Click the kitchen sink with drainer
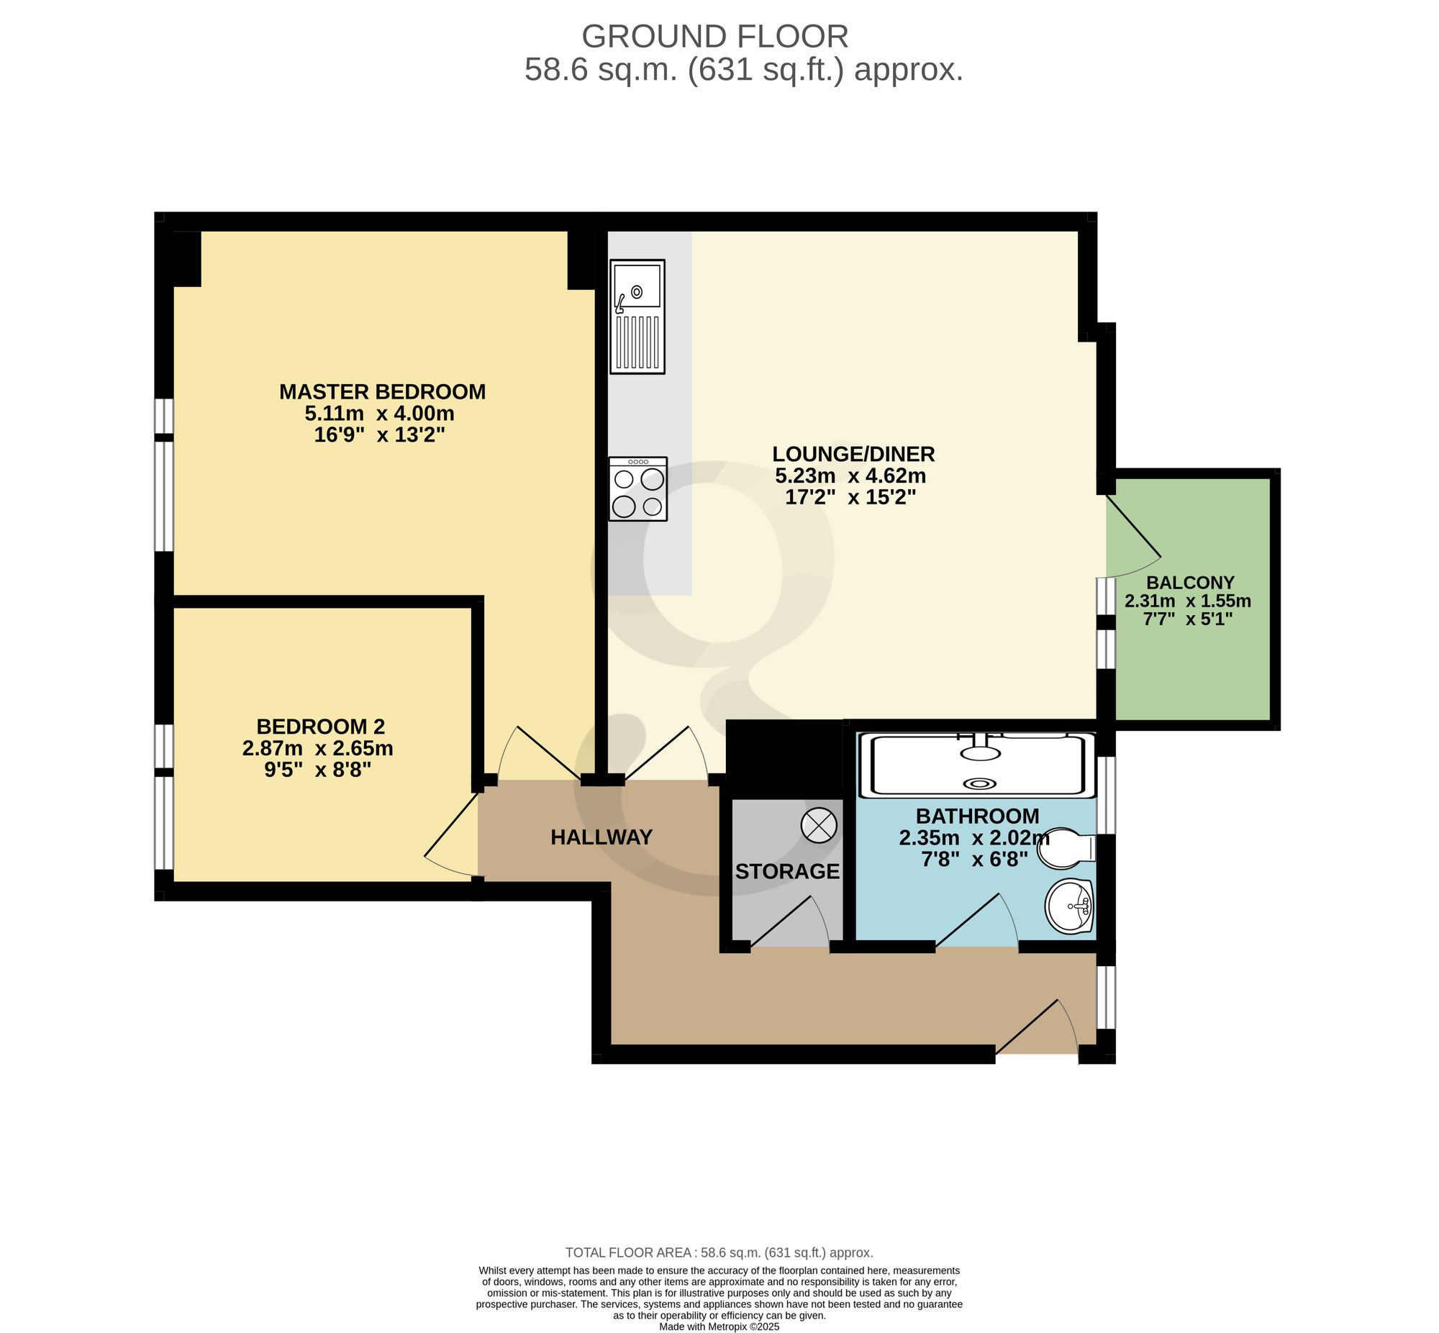coord(637,317)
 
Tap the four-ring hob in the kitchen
coord(637,488)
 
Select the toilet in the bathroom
coord(1066,847)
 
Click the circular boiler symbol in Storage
coord(819,824)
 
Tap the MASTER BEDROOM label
coord(382,391)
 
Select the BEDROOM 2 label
coord(320,726)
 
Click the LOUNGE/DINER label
coord(853,454)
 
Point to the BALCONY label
coord(1190,582)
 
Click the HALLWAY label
coord(602,837)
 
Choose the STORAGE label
coord(787,871)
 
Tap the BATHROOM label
coord(977,816)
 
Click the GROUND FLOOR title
coord(714,36)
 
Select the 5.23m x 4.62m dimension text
coord(850,476)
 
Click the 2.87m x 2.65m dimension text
coord(317,748)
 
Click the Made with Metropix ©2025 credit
coord(719,1326)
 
